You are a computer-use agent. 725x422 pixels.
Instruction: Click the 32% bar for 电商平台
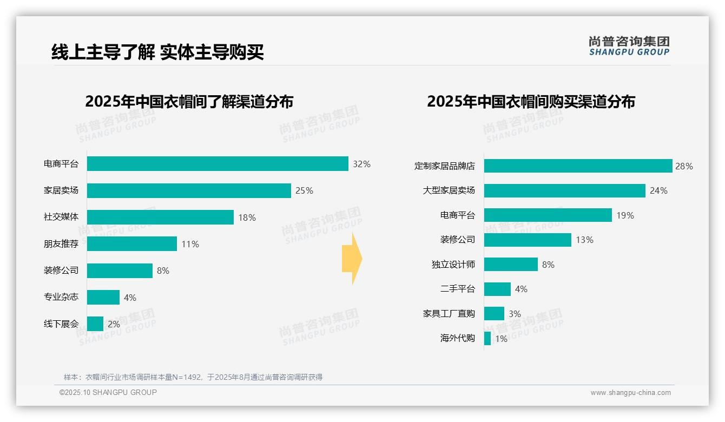217,164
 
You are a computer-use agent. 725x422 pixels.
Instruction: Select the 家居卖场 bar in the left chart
189,190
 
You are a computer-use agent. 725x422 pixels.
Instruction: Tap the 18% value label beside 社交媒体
247,217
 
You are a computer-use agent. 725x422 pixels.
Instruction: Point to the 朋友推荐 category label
61,244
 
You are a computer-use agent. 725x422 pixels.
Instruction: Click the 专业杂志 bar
103,297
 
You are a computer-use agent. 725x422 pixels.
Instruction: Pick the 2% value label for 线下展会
114,324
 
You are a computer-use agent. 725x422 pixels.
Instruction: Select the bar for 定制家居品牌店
578,166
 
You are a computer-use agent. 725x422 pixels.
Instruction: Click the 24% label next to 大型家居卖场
658,190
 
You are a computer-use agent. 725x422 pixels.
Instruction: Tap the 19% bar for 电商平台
548,215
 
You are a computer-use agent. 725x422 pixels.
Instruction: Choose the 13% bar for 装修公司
528,240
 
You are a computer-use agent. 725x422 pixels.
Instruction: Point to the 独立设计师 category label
453,265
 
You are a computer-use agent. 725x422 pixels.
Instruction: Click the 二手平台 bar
497,289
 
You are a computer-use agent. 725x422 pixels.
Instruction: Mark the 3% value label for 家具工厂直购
515,314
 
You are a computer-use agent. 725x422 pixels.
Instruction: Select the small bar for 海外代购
487,339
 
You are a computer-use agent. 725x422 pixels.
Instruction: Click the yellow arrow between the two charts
352,259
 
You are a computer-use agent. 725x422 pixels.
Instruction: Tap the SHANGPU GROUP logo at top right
629,46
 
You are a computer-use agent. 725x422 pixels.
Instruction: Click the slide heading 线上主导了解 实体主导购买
157,52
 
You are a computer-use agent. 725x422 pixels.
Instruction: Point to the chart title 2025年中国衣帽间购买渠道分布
531,102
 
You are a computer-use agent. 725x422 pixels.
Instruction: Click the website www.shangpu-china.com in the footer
630,393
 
